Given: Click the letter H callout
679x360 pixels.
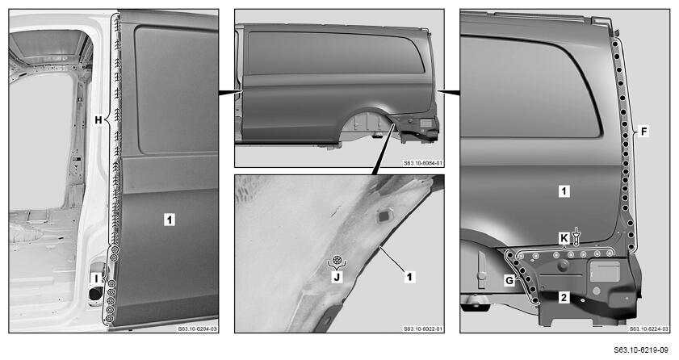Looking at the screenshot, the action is coord(98,119).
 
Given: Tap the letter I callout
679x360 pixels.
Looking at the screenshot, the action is coord(97,278).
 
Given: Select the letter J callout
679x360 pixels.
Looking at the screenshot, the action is coord(337,277).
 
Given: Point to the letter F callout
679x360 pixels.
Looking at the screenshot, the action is coord(644,131).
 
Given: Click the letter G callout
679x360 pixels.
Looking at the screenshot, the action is coord(509,280).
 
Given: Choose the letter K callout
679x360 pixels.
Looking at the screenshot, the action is coord(564,238).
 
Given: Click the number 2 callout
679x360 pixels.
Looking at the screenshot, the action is coord(564,297).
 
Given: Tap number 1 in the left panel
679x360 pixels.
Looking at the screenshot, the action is coord(170,220).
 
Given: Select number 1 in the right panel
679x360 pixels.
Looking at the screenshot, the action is coord(564,190).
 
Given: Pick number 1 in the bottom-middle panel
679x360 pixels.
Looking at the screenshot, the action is coord(409,276).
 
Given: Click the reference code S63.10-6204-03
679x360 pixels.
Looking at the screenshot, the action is coord(198,329).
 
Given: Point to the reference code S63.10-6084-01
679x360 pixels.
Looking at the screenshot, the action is coord(423,163).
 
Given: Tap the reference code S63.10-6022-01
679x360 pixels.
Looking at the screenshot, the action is coord(423,329).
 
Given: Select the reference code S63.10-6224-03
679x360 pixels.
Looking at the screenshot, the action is coord(648,329).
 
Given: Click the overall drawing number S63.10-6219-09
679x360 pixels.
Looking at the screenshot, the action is coord(640,350).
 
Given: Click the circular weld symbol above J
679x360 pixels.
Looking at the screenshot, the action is coord(337,261).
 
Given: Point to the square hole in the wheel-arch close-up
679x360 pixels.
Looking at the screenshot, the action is coord(384,216).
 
